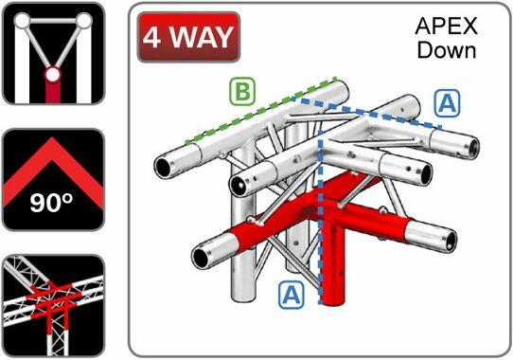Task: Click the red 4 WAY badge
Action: [188, 37]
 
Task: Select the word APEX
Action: [446, 27]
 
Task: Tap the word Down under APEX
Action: [447, 50]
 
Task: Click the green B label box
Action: [242, 91]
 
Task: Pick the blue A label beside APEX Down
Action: [448, 103]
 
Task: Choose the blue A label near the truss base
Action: [292, 296]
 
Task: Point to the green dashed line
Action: [260, 111]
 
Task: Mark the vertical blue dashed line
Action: [321, 216]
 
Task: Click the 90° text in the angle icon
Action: [51, 203]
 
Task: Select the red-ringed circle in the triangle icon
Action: [53, 75]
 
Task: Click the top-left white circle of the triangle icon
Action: [23, 21]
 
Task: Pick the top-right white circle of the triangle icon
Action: [84, 21]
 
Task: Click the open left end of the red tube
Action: [201, 257]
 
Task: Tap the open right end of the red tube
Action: [451, 242]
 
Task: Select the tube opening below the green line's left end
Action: [163, 168]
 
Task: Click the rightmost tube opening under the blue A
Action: [473, 149]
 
